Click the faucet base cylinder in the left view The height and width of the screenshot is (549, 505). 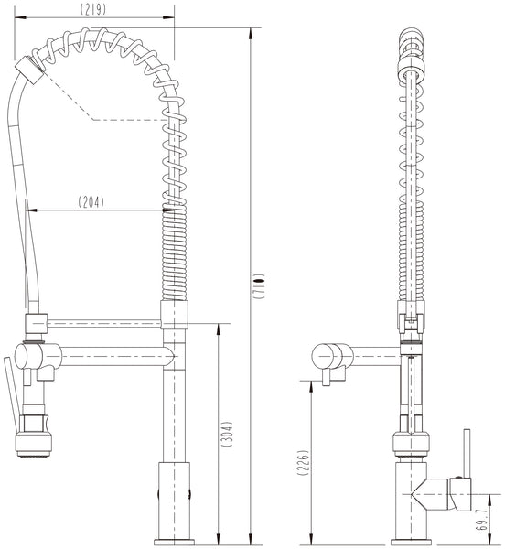coord(175,500)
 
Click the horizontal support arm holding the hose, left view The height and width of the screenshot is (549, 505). coord(101,323)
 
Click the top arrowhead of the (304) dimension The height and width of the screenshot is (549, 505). coord(217,328)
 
